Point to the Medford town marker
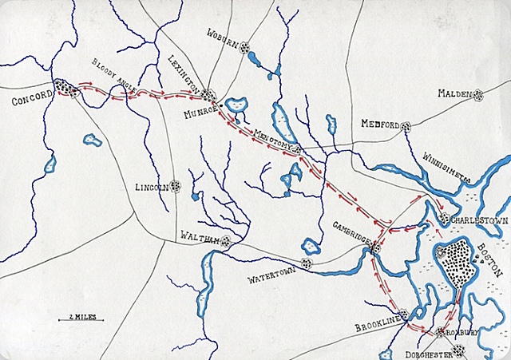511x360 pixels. tap(406, 125)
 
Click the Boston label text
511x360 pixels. tap(490, 259)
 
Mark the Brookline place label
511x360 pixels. tap(376, 327)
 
